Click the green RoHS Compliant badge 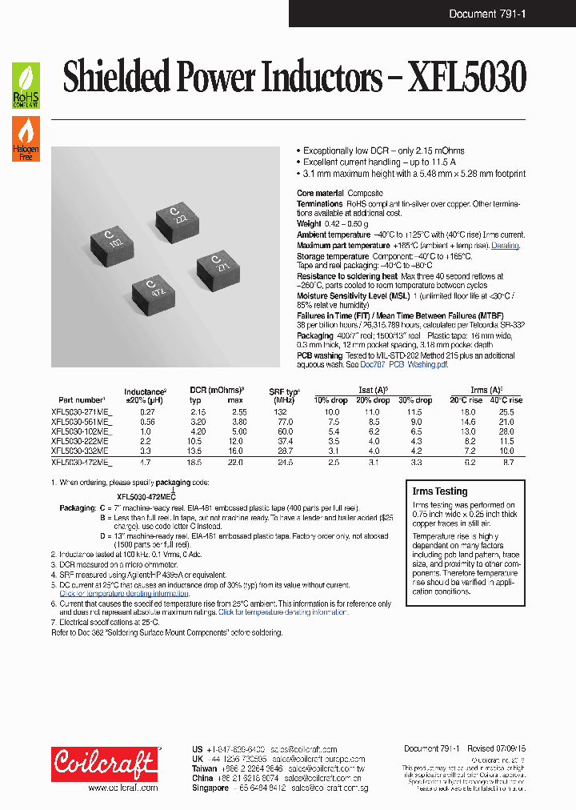pyautogui.click(x=26, y=86)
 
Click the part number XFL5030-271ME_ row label pyautogui.click(x=82, y=411)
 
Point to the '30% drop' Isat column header pyautogui.click(x=415, y=400)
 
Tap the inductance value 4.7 pyautogui.click(x=146, y=463)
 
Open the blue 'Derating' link pyautogui.click(x=505, y=245)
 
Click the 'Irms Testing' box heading pyautogui.click(x=439, y=491)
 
